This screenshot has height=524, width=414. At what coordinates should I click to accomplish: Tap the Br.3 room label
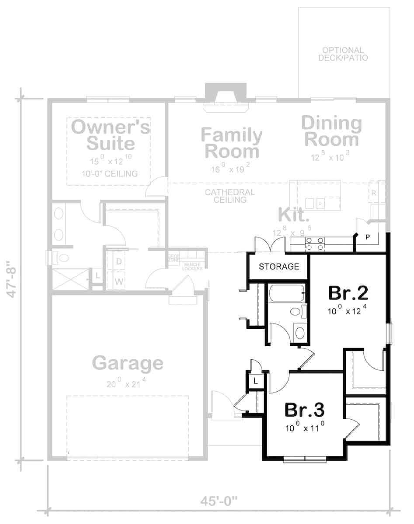coord(304,410)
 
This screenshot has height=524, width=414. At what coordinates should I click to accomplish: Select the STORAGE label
coord(279,266)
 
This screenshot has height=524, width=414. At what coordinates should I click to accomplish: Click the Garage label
coord(128,363)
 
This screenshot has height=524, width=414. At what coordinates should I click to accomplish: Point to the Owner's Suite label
coord(111,135)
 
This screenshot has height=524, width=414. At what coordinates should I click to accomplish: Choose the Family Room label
coord(232,143)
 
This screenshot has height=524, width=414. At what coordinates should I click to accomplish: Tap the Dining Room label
coord(331,131)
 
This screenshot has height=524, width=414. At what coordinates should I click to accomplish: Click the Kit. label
coord(294,215)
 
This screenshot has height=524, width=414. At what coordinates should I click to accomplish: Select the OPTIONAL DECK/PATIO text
coord(343,54)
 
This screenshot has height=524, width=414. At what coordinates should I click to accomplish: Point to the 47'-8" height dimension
coord(13,280)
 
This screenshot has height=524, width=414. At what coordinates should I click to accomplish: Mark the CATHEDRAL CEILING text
coord(230,196)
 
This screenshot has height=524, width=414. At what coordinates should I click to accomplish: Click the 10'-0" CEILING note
coord(109,174)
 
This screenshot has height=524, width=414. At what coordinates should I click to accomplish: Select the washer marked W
coord(119,282)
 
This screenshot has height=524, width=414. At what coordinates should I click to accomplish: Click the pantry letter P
coord(368,238)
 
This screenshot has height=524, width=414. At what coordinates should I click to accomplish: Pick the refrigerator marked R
coord(374,193)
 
